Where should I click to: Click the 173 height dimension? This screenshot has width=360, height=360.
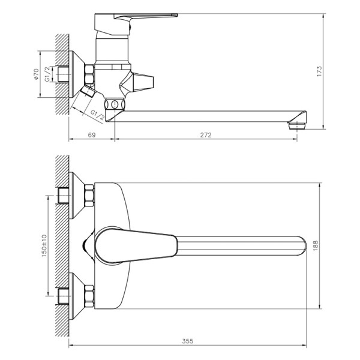(337, 71)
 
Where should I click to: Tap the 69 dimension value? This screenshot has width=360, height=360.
(92, 134)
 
